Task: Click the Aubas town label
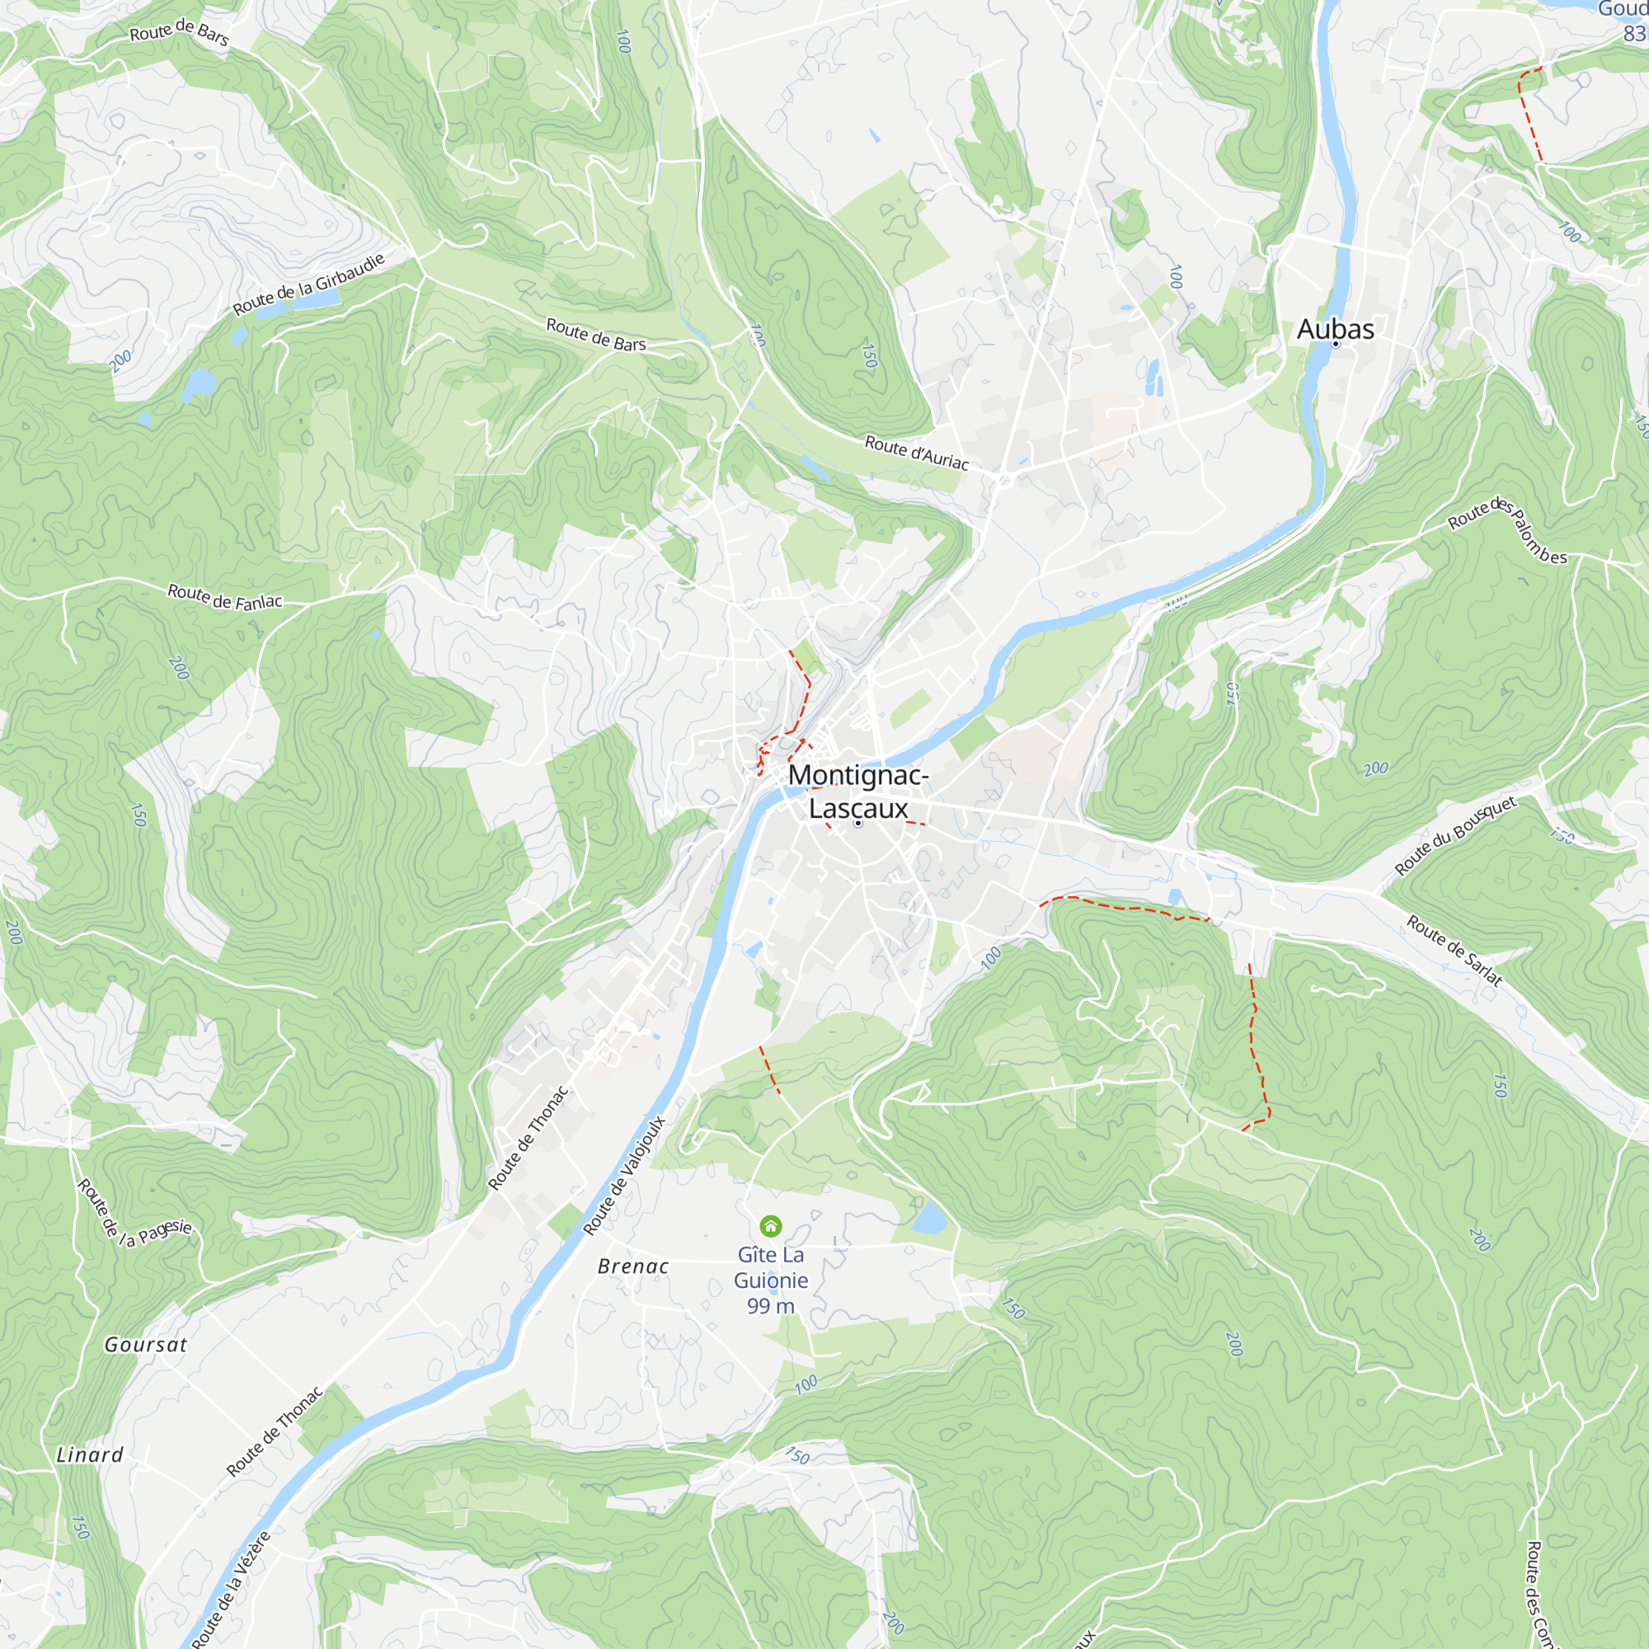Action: tap(1335, 329)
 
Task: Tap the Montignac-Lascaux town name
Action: tap(857, 792)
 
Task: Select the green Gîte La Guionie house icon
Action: tap(771, 1227)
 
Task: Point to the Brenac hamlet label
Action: tap(633, 1266)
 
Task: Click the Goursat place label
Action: tap(145, 1345)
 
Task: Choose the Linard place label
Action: tap(90, 1455)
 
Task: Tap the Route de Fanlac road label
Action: tap(224, 598)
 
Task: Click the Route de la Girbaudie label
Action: tap(309, 284)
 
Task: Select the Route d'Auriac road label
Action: tap(917, 453)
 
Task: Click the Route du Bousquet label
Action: tap(1456, 835)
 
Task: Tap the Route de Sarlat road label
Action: tap(1454, 950)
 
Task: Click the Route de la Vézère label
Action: tap(232, 1590)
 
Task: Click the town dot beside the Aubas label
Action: tap(1336, 344)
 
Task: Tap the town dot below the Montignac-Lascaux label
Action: tap(857, 824)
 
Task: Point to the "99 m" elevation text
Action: tap(771, 1306)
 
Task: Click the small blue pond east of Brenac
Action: tap(928, 1219)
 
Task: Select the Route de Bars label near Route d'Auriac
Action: tap(596, 335)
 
